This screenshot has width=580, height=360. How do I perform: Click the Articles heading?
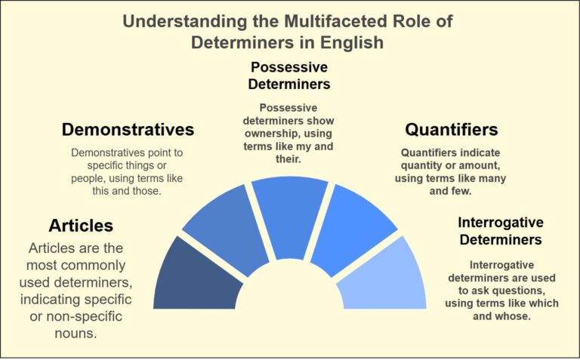pyautogui.click(x=81, y=226)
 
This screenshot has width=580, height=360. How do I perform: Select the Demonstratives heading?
pyautogui.click(x=128, y=129)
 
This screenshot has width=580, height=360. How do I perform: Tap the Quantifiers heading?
pyautogui.click(x=451, y=129)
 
